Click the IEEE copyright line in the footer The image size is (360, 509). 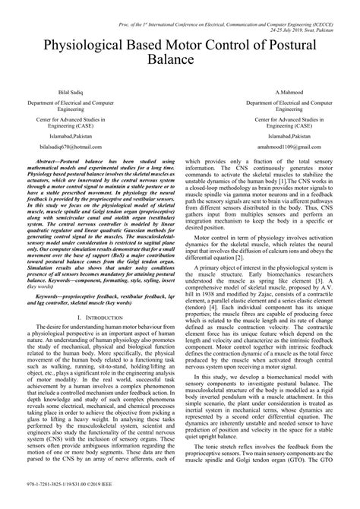(62, 501)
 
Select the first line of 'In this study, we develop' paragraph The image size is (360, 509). (267, 395)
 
